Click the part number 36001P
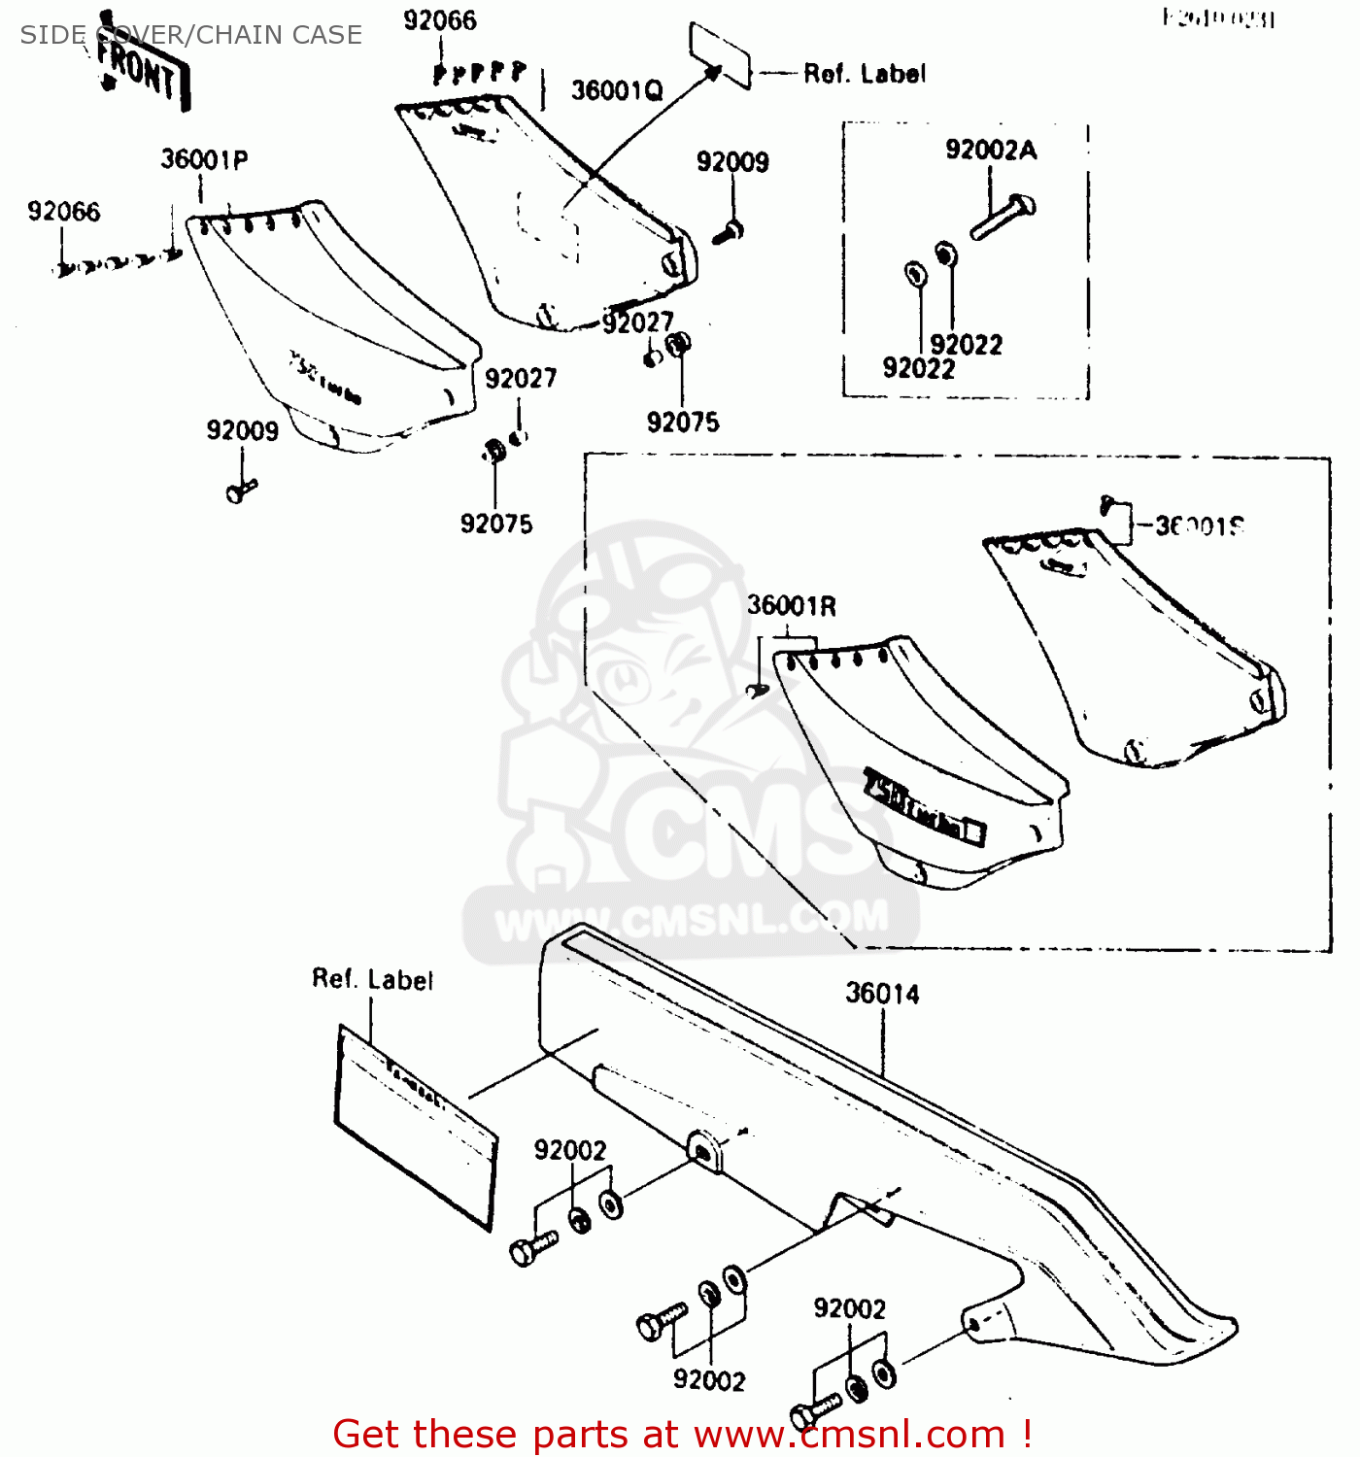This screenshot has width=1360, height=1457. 204,159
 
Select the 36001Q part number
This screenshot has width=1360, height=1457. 616,90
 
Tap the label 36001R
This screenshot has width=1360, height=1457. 791,606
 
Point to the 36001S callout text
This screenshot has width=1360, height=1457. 1199,526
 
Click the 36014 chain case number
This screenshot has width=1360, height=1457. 882,994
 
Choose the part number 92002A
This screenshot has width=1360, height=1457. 991,150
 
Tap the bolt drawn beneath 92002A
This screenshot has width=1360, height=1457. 1003,219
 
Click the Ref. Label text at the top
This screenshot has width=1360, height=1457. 864,74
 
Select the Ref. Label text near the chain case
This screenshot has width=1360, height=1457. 372,979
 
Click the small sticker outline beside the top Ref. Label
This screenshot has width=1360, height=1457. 720,55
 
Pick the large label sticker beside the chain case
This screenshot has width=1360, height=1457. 416,1127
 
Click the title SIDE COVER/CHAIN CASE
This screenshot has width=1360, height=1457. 191,35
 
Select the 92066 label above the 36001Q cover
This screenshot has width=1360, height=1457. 440,20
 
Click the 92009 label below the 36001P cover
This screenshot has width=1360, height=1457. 242,430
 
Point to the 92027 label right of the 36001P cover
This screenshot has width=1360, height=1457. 521,378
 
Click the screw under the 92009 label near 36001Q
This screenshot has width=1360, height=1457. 728,232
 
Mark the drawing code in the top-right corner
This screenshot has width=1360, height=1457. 1218,18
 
